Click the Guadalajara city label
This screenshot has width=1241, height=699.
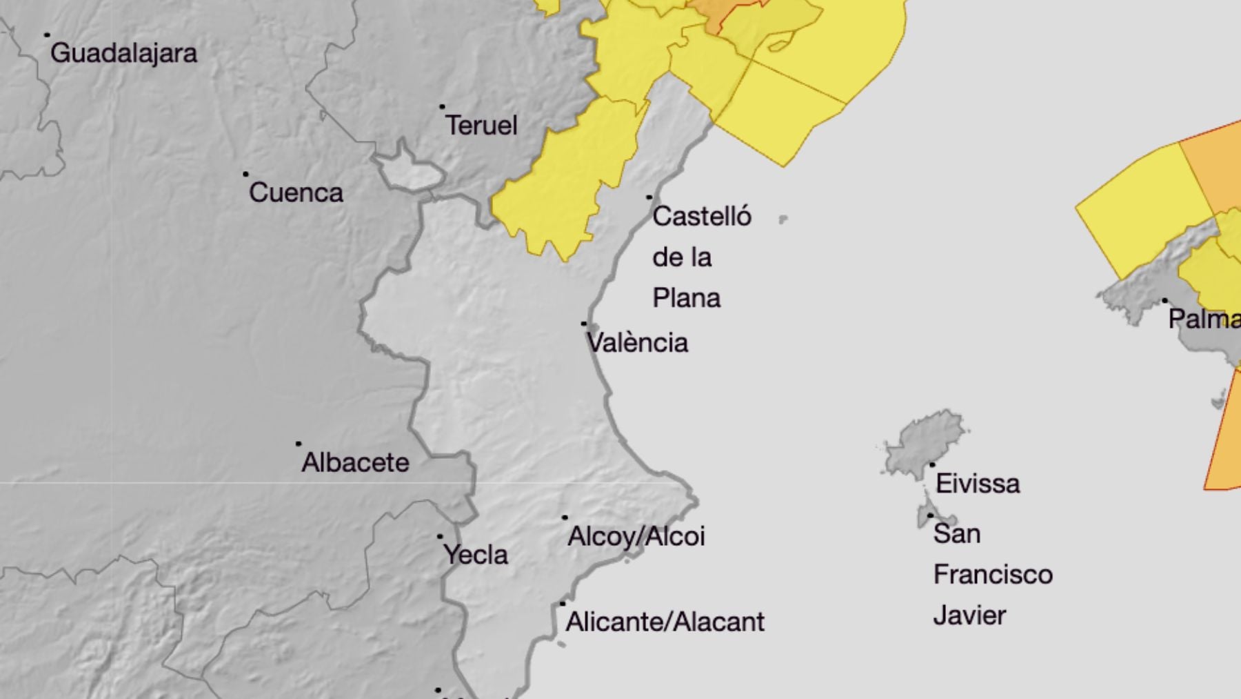[x=123, y=53]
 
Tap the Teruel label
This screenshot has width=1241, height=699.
[x=481, y=126]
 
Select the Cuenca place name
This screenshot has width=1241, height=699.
[x=296, y=193]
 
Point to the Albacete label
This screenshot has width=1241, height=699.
[x=355, y=462]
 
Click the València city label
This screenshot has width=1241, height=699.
[x=638, y=343]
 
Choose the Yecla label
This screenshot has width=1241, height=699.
[x=476, y=555]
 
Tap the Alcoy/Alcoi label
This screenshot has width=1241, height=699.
[x=636, y=537]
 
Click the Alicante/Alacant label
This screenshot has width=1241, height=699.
[x=665, y=622]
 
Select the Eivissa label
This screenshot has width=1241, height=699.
[x=977, y=484]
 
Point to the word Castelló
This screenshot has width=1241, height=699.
[x=701, y=217]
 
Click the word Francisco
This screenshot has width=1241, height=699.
[x=993, y=575]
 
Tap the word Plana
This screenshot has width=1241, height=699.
[x=686, y=298]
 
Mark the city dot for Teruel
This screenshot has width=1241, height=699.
[x=442, y=107]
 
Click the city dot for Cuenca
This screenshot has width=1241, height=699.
[x=245, y=174]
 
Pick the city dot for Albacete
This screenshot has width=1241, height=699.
[x=299, y=444]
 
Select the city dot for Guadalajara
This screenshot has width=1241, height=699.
[x=47, y=35]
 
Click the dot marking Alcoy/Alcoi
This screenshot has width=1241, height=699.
[x=565, y=518]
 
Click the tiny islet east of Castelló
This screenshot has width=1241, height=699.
[x=783, y=219]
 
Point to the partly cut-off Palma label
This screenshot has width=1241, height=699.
[x=1204, y=319]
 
